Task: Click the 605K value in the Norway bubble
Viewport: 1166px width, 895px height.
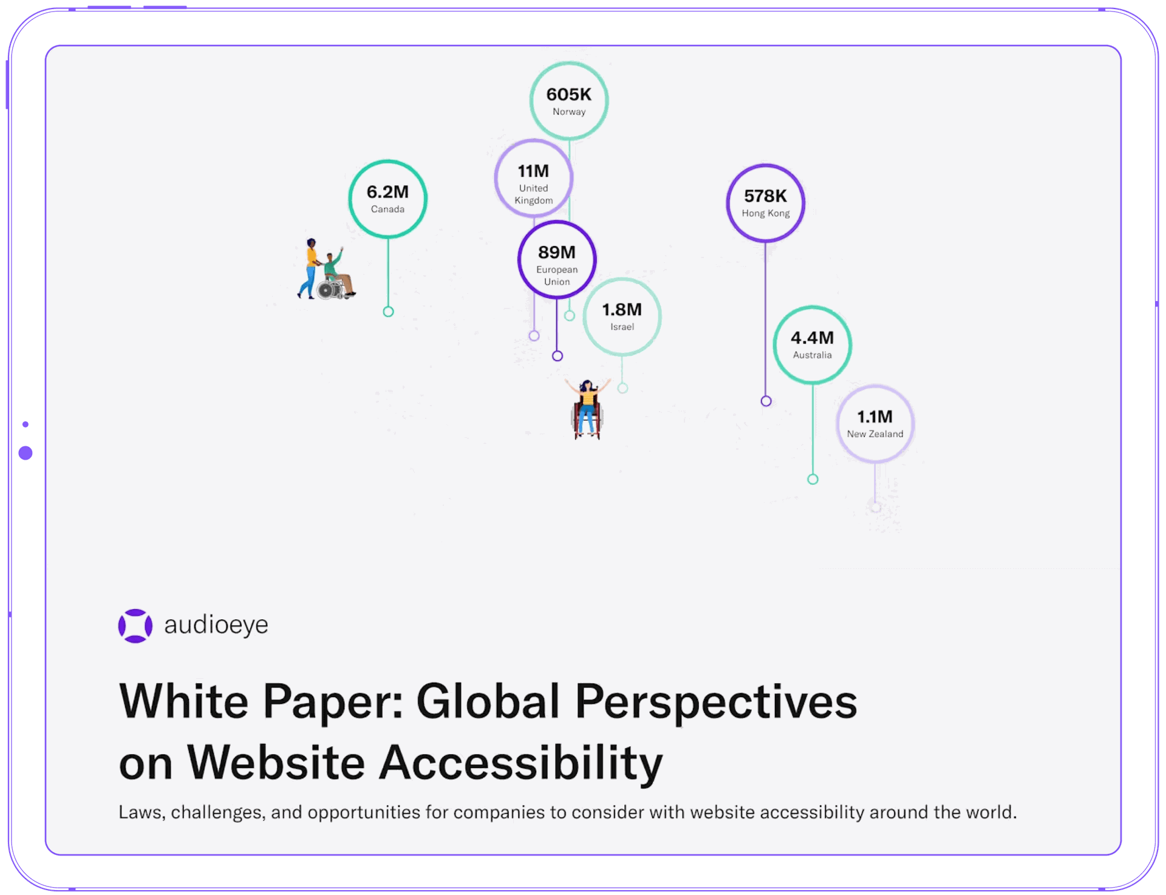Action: (568, 95)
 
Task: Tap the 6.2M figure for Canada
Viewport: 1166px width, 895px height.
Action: (387, 192)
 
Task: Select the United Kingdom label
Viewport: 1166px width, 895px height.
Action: (533, 194)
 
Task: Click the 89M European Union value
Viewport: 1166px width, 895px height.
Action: (556, 252)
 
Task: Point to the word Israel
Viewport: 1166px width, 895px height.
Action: (622, 327)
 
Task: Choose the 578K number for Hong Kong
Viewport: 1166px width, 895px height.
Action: (765, 196)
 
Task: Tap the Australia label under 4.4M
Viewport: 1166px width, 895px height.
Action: (812, 355)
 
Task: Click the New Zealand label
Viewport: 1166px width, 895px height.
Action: (875, 434)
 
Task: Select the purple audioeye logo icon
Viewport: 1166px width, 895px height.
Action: (135, 625)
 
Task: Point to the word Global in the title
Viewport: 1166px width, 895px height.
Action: (487, 702)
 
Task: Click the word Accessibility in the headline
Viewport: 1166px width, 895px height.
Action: (520, 763)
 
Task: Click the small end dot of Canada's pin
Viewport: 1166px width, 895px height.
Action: (389, 311)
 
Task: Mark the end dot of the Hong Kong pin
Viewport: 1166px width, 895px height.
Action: (766, 401)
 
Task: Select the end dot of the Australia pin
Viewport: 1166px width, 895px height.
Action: (813, 479)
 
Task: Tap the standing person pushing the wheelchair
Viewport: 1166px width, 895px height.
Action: (310, 267)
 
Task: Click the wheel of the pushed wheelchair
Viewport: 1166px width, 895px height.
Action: (326, 291)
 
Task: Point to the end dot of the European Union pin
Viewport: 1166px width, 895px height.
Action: (557, 356)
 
